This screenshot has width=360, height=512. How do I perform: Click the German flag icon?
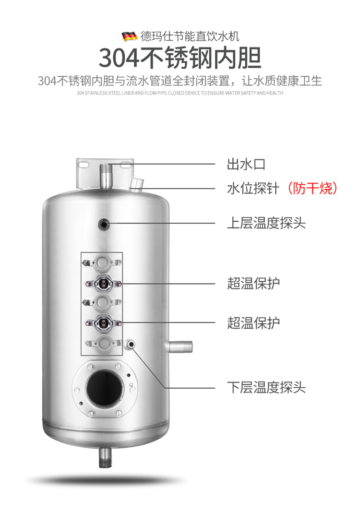(x=130, y=36)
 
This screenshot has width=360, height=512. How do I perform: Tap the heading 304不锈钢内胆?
(x=180, y=58)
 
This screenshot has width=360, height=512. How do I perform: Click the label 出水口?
(x=246, y=164)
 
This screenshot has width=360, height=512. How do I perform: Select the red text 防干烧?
(x=312, y=189)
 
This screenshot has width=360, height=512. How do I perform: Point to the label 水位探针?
(x=253, y=189)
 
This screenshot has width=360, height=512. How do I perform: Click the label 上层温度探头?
(x=266, y=223)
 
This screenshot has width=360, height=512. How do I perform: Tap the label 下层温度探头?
(x=266, y=388)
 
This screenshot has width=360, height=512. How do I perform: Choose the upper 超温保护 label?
(x=253, y=283)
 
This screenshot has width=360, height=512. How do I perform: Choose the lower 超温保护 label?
(x=253, y=323)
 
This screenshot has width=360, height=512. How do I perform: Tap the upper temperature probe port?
(x=104, y=224)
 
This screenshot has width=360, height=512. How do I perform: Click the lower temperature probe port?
(x=131, y=344)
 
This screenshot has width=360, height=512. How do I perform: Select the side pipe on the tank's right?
(x=179, y=346)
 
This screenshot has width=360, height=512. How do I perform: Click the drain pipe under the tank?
(x=105, y=457)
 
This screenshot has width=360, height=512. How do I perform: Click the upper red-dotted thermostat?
(x=103, y=284)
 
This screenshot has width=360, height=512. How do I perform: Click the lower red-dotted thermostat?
(x=103, y=323)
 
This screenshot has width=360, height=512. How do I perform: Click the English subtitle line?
(x=180, y=93)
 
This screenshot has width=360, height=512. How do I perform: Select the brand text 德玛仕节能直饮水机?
(x=190, y=36)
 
